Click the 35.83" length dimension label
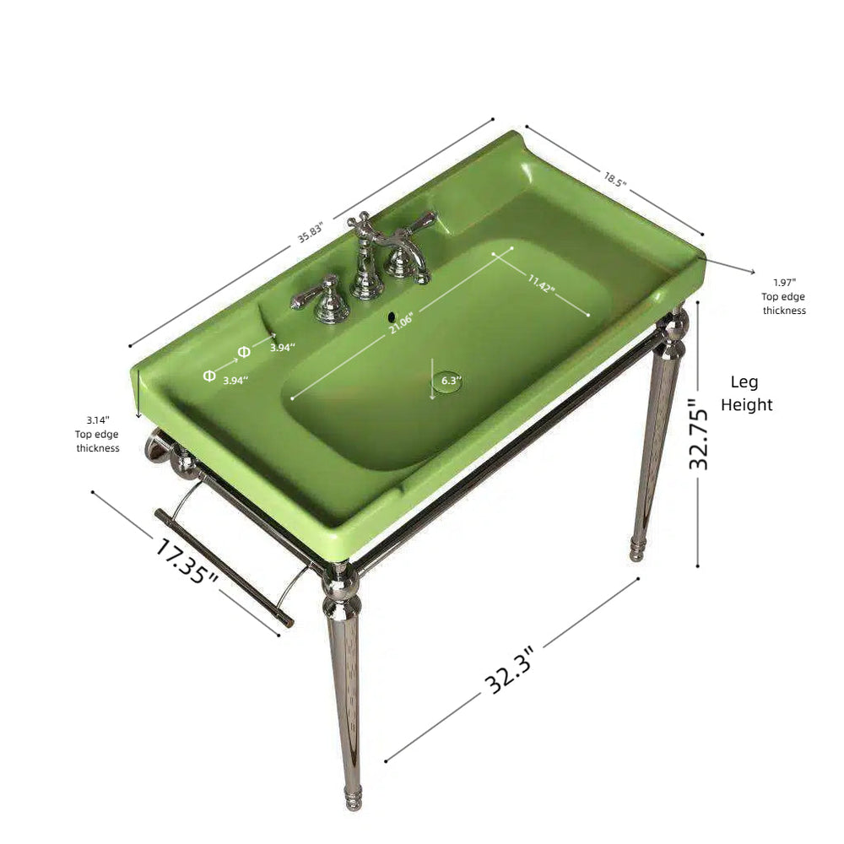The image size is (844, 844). point(311,232)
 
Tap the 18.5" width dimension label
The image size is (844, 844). point(615,179)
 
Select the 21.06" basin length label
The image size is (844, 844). point(401,322)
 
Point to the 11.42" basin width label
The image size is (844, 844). point(541,283)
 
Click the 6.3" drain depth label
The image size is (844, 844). point(452,381)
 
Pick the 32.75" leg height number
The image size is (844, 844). point(699,434)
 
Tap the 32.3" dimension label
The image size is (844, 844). point(509,670)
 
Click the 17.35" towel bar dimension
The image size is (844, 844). point(187,561)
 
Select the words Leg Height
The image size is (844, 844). point(746,393)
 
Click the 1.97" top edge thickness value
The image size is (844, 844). point(785,282)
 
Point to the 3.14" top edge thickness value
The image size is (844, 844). point(98,419)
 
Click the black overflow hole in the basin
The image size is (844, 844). point(392,316)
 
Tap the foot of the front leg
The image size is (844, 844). point(353,798)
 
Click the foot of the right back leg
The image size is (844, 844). point(636,550)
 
